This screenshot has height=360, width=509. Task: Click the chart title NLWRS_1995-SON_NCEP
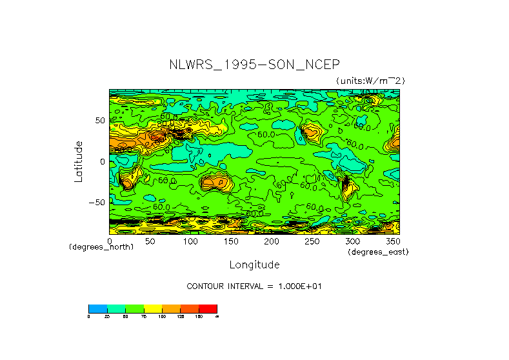pyautogui.click(x=254, y=65)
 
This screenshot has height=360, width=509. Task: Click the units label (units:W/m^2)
pyautogui.click(x=370, y=81)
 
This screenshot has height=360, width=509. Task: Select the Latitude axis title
pyautogui.click(x=78, y=161)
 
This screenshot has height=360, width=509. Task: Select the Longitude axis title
pyautogui.click(x=254, y=265)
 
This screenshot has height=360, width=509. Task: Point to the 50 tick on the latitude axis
pyautogui.click(x=99, y=121)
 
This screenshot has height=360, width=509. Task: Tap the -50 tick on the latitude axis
pyautogui.click(x=97, y=202)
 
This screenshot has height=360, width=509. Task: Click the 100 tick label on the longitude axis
pyautogui.click(x=190, y=241)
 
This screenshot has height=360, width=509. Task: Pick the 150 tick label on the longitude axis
pyautogui.click(x=231, y=241)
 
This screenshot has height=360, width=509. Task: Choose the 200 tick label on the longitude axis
pyautogui.click(x=272, y=241)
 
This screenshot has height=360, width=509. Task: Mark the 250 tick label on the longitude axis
pyautogui.click(x=312, y=241)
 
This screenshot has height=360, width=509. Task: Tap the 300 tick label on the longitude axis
pyautogui.click(x=353, y=241)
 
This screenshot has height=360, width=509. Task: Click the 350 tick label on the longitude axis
pyautogui.click(x=392, y=241)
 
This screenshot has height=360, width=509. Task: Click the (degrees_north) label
pyautogui.click(x=101, y=248)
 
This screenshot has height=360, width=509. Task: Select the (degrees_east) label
pyautogui.click(x=378, y=252)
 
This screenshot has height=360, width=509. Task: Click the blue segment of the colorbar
pyautogui.click(x=97, y=308)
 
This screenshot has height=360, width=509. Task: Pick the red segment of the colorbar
pyautogui.click(x=208, y=308)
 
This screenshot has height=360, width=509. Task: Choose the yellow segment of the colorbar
pyautogui.click(x=152, y=308)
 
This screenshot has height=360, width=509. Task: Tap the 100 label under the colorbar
pyautogui.click(x=162, y=316)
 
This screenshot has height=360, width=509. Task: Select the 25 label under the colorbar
pyautogui.click(x=107, y=316)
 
